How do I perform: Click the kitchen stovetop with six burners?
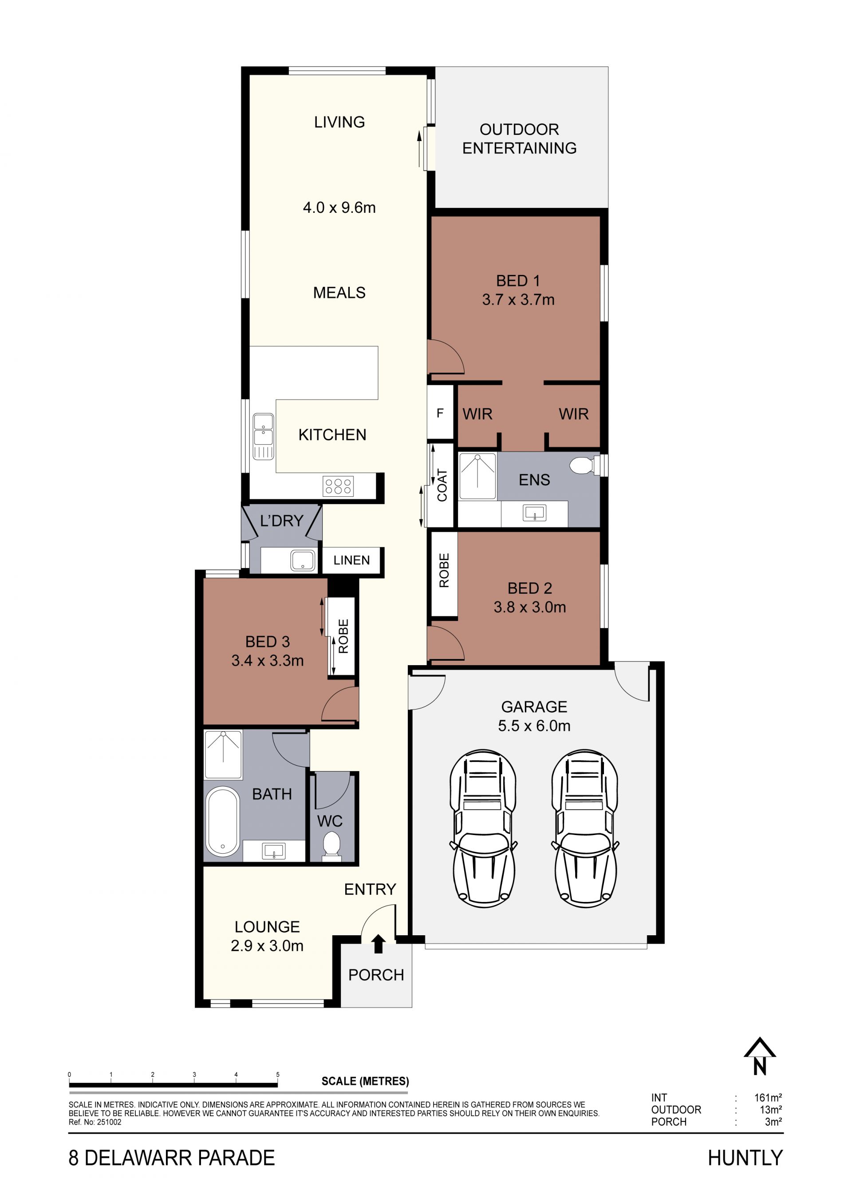339,486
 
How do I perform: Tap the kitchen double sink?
263,436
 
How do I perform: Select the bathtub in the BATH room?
223,821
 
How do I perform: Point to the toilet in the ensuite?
584,465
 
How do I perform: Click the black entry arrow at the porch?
378,944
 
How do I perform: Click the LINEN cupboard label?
351,560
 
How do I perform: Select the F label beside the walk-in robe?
440,413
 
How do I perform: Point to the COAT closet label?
442,485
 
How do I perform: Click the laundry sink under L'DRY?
303,560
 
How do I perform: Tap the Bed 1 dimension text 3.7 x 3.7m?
518,299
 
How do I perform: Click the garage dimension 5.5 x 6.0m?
534,726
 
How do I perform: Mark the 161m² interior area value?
768,1098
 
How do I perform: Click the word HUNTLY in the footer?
745,1158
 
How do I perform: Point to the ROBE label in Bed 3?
343,636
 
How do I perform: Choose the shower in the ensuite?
477,476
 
